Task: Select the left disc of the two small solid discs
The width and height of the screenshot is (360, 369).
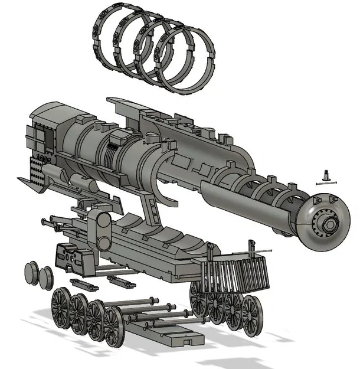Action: point(32,274)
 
